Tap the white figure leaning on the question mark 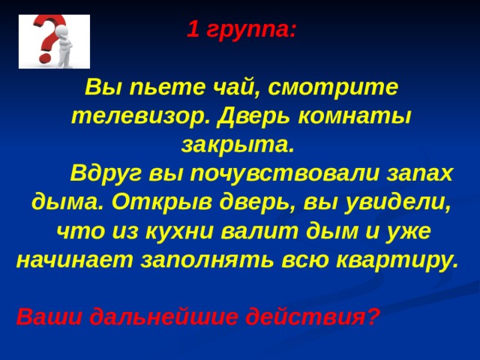tap(64, 46)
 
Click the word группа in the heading tap(251, 31)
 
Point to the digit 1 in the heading tap(193, 29)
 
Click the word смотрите tap(333, 87)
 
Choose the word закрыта tap(238, 145)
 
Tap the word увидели tap(398, 202)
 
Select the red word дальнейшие tap(163, 316)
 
